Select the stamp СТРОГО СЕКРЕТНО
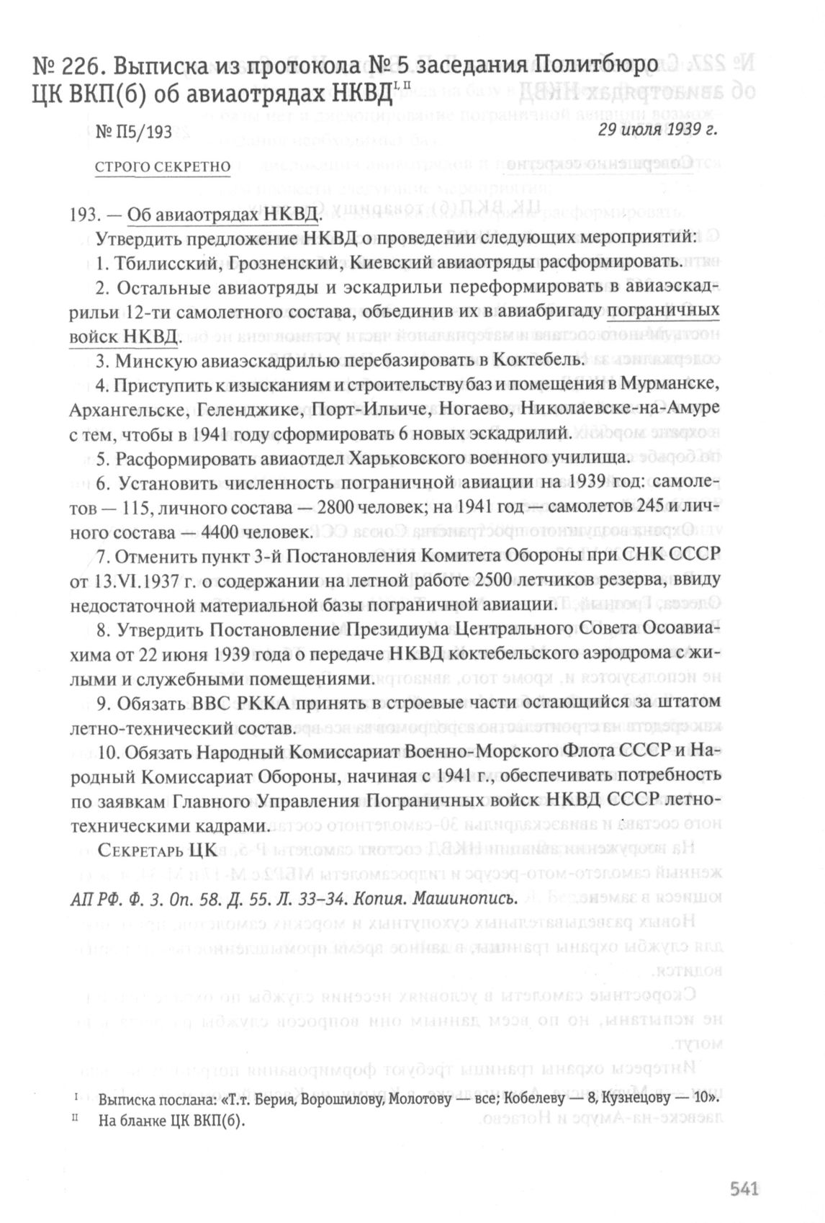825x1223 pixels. pyautogui.click(x=163, y=167)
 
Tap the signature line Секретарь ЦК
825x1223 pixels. pyautogui.click(x=157, y=850)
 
